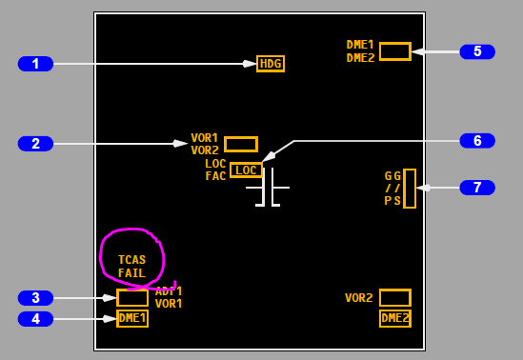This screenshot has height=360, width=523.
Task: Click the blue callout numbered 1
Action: pyautogui.click(x=35, y=64)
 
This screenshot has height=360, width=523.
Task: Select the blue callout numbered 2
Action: pyautogui.click(x=35, y=144)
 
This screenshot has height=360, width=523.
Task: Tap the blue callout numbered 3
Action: pyautogui.click(x=35, y=298)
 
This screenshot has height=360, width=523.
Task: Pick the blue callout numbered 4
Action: pyautogui.click(x=35, y=319)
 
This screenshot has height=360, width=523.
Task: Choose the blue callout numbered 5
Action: pyautogui.click(x=477, y=51)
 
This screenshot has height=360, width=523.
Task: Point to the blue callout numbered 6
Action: pyautogui.click(x=477, y=141)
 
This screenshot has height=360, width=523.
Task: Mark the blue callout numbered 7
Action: pyautogui.click(x=477, y=188)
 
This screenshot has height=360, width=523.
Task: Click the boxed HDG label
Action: pyautogui.click(x=271, y=64)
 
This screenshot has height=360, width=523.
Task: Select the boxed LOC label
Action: pyautogui.click(x=246, y=170)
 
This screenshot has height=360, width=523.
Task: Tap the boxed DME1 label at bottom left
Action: pyautogui.click(x=132, y=318)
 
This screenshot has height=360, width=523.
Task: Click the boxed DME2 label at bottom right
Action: pyautogui.click(x=394, y=318)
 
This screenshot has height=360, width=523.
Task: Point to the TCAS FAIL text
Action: pyautogui.click(x=131, y=267)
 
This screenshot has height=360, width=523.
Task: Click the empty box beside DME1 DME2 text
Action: pyautogui.click(x=394, y=51)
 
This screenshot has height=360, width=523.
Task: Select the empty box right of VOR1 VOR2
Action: pyautogui.click(x=241, y=144)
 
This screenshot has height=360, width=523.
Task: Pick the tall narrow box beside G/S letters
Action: pyautogui.click(x=410, y=189)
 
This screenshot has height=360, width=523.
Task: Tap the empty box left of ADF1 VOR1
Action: pyautogui.click(x=132, y=298)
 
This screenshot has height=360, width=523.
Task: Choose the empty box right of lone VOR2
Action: pyautogui.click(x=394, y=298)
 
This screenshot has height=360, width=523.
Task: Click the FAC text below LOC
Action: pyautogui.click(x=215, y=176)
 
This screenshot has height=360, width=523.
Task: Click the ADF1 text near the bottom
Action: pyautogui.click(x=169, y=291)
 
